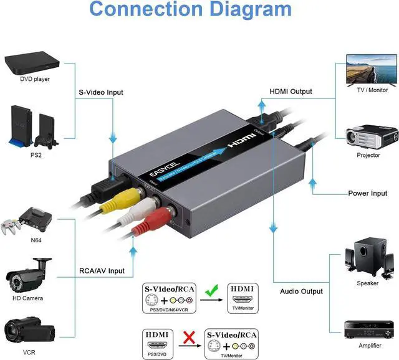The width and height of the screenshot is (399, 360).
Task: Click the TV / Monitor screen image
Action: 371,69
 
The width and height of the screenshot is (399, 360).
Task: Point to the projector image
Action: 372,135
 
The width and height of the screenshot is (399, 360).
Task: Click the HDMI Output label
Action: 291,92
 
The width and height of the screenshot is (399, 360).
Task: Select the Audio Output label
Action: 301,291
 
